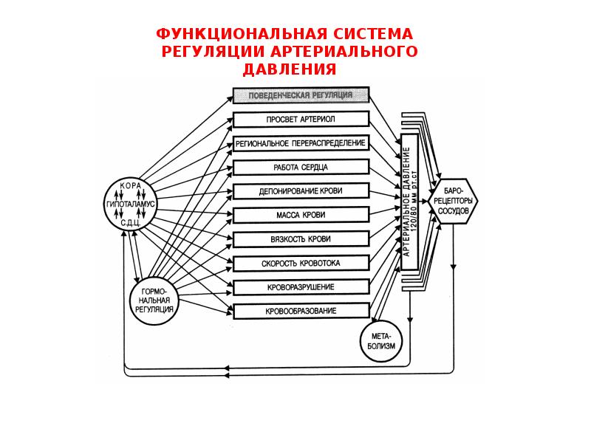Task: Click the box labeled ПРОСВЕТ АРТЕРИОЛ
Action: pos(301,120)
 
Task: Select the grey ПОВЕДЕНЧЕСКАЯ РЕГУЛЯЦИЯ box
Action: pos(301,95)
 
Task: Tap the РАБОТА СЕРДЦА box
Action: pos(301,168)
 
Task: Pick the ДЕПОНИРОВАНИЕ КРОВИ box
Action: pos(301,191)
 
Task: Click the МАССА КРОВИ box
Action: pos(301,215)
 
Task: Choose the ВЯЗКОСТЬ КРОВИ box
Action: pos(301,239)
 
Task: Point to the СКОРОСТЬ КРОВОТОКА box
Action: pos(301,264)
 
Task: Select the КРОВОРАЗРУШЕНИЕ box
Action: pos(301,287)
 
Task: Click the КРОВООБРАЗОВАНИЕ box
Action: pos(301,311)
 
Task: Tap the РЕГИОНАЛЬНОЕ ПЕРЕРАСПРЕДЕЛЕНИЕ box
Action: pos(301,143)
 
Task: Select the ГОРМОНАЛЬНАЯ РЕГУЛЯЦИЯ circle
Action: pos(154,301)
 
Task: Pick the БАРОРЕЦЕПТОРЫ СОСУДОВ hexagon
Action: pos(454,202)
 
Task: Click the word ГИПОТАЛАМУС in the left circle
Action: pos(131,204)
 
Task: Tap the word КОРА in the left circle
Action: pos(131,186)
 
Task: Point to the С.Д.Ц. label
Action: pos(131,223)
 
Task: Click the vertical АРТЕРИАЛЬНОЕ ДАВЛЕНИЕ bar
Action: pos(410,202)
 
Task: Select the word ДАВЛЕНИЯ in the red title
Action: pos(290,69)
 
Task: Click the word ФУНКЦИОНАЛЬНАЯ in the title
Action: pos(242,34)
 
